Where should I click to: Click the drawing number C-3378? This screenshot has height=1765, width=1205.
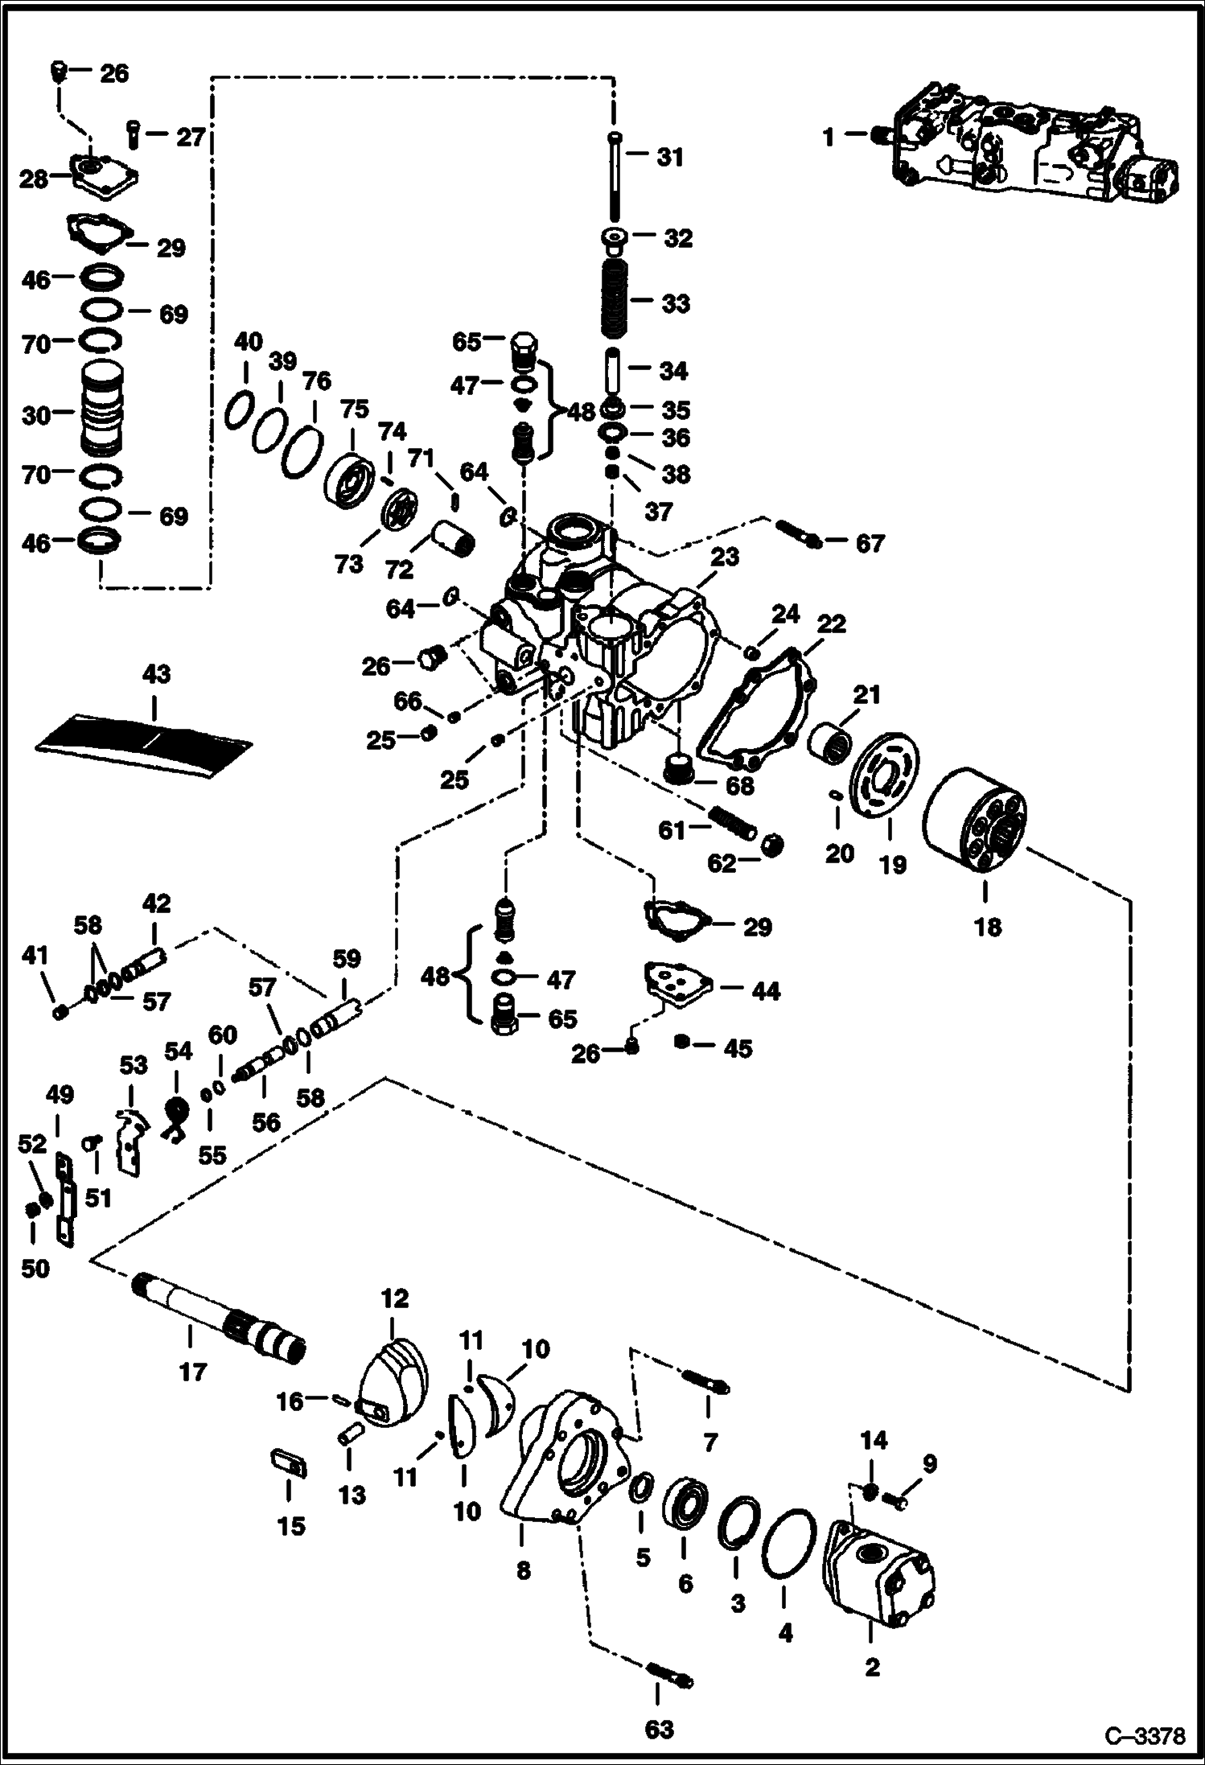1145,1735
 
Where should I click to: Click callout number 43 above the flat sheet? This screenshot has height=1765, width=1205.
156,673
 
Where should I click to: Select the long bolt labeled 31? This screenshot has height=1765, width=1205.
615,179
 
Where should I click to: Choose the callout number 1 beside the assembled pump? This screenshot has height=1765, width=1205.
829,137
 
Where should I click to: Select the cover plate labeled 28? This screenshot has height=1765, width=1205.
105,176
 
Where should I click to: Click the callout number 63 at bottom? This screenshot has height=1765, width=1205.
659,1728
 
